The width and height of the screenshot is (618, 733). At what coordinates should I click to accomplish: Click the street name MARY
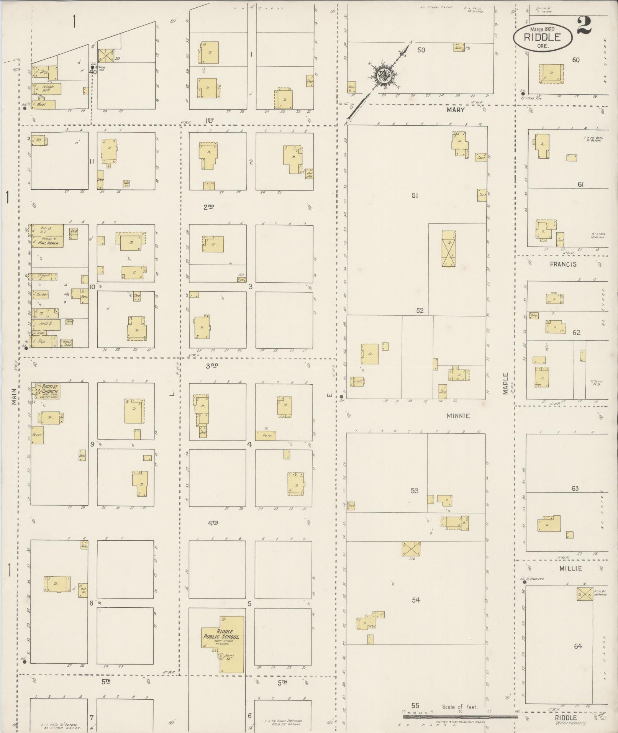(x=455, y=110)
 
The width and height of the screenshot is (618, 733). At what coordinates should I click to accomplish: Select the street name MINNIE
(x=458, y=416)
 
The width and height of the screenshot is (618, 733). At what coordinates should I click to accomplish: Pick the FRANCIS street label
(x=563, y=264)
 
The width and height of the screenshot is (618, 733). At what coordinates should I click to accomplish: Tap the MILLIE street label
(x=570, y=569)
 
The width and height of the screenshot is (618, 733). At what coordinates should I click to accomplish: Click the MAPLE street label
(x=505, y=384)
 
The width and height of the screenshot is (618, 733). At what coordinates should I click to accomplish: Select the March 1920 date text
(x=543, y=29)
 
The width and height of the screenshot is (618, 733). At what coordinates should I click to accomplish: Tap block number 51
(x=415, y=195)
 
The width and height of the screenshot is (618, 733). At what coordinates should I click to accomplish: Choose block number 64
(x=578, y=646)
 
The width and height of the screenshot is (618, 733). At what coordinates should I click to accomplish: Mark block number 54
(x=416, y=600)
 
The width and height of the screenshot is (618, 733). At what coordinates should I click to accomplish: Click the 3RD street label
(x=212, y=366)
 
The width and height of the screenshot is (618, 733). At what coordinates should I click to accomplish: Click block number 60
(x=575, y=60)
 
